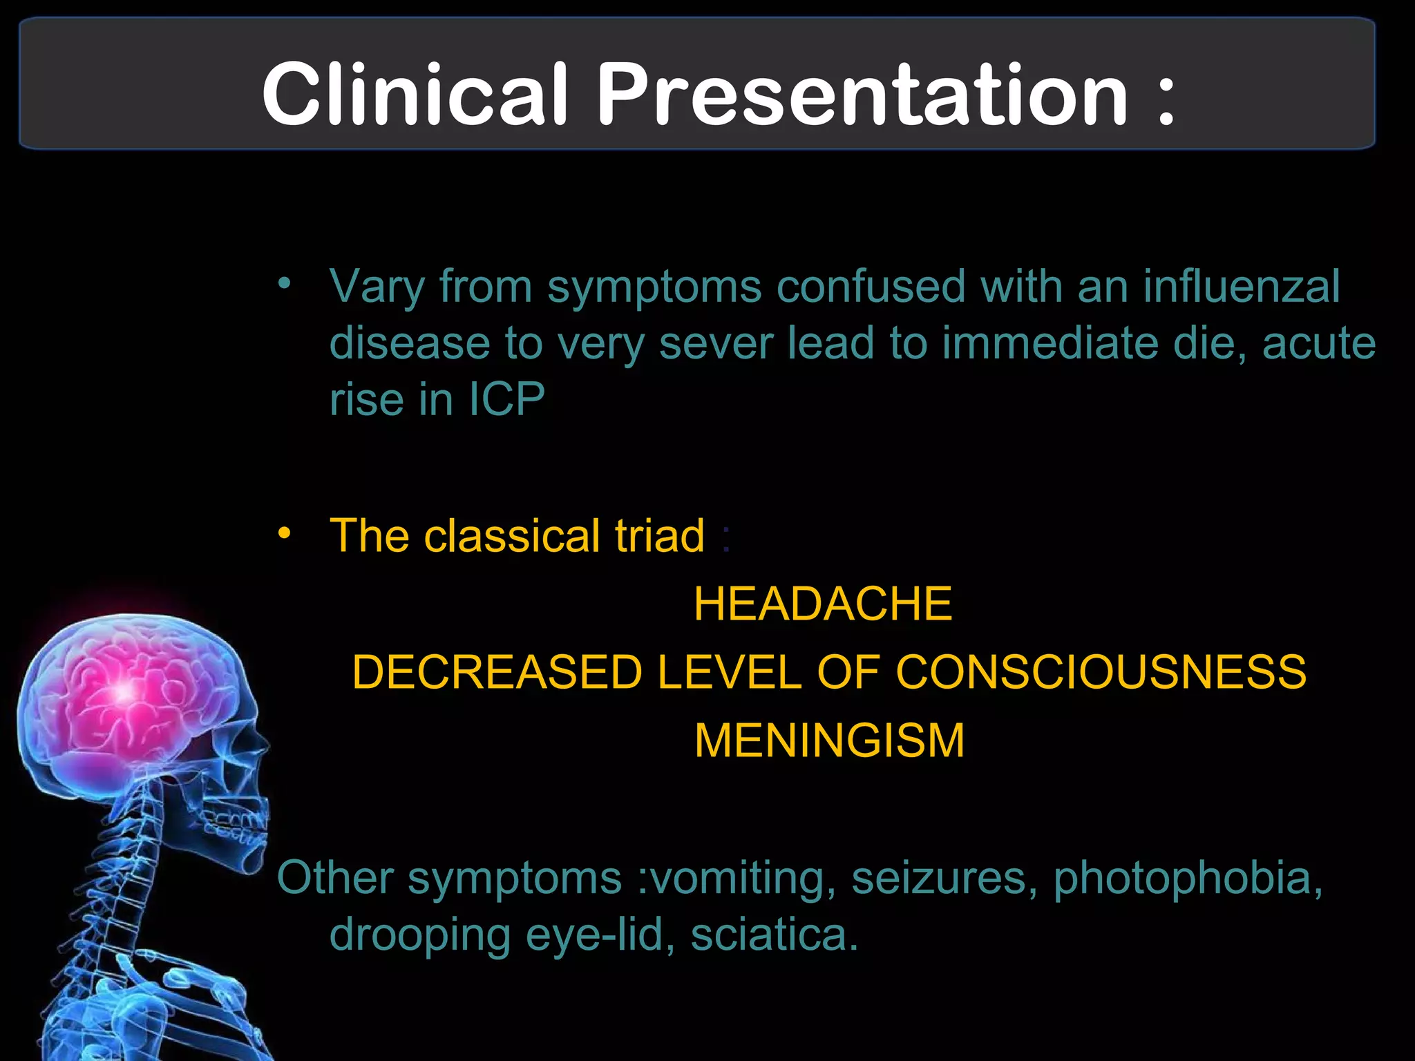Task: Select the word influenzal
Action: coord(1241,286)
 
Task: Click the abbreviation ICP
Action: coord(507,399)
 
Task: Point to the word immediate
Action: coord(1050,343)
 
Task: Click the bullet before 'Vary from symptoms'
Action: coord(284,283)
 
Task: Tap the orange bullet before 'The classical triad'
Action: coord(284,533)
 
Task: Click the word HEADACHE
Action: coord(823,604)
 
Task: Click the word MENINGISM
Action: coord(829,740)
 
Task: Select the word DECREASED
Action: coord(497,672)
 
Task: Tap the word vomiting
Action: coord(737,879)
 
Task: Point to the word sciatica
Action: coord(774,935)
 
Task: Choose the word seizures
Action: coord(944,879)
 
